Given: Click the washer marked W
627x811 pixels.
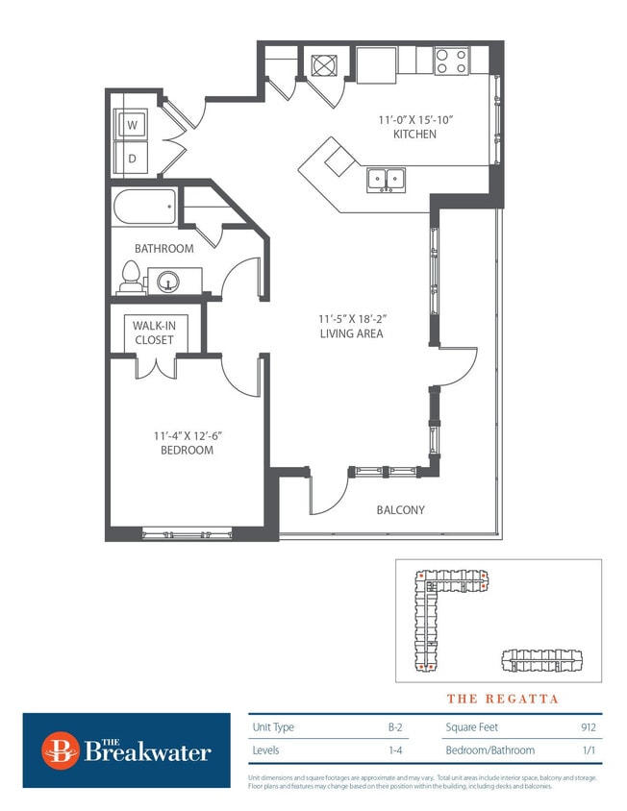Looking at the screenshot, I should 131,125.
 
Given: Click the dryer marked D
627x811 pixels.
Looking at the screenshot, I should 131,159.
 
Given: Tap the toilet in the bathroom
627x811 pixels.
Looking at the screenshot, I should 129,278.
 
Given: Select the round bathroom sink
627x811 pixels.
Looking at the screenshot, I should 167,282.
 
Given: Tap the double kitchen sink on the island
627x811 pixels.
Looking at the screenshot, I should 386,179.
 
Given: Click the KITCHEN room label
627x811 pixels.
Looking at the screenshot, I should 414,135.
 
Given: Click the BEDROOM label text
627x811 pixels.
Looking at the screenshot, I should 187,450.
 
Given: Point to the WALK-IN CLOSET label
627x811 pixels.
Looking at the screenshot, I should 154,333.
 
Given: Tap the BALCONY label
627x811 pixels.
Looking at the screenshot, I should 400,510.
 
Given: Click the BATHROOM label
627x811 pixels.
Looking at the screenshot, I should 163,248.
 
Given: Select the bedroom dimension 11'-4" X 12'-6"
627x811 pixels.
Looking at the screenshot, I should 187,435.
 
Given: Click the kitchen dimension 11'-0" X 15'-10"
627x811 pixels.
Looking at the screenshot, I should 414,120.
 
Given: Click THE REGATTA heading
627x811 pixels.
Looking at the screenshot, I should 502,699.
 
